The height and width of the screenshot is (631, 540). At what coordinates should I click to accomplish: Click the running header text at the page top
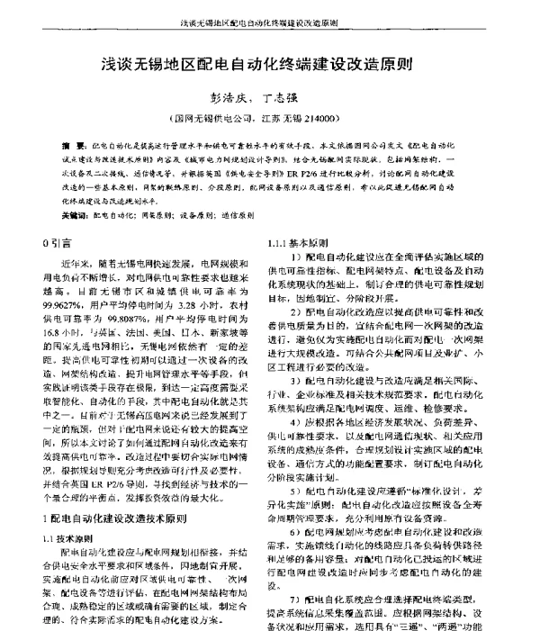269,17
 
